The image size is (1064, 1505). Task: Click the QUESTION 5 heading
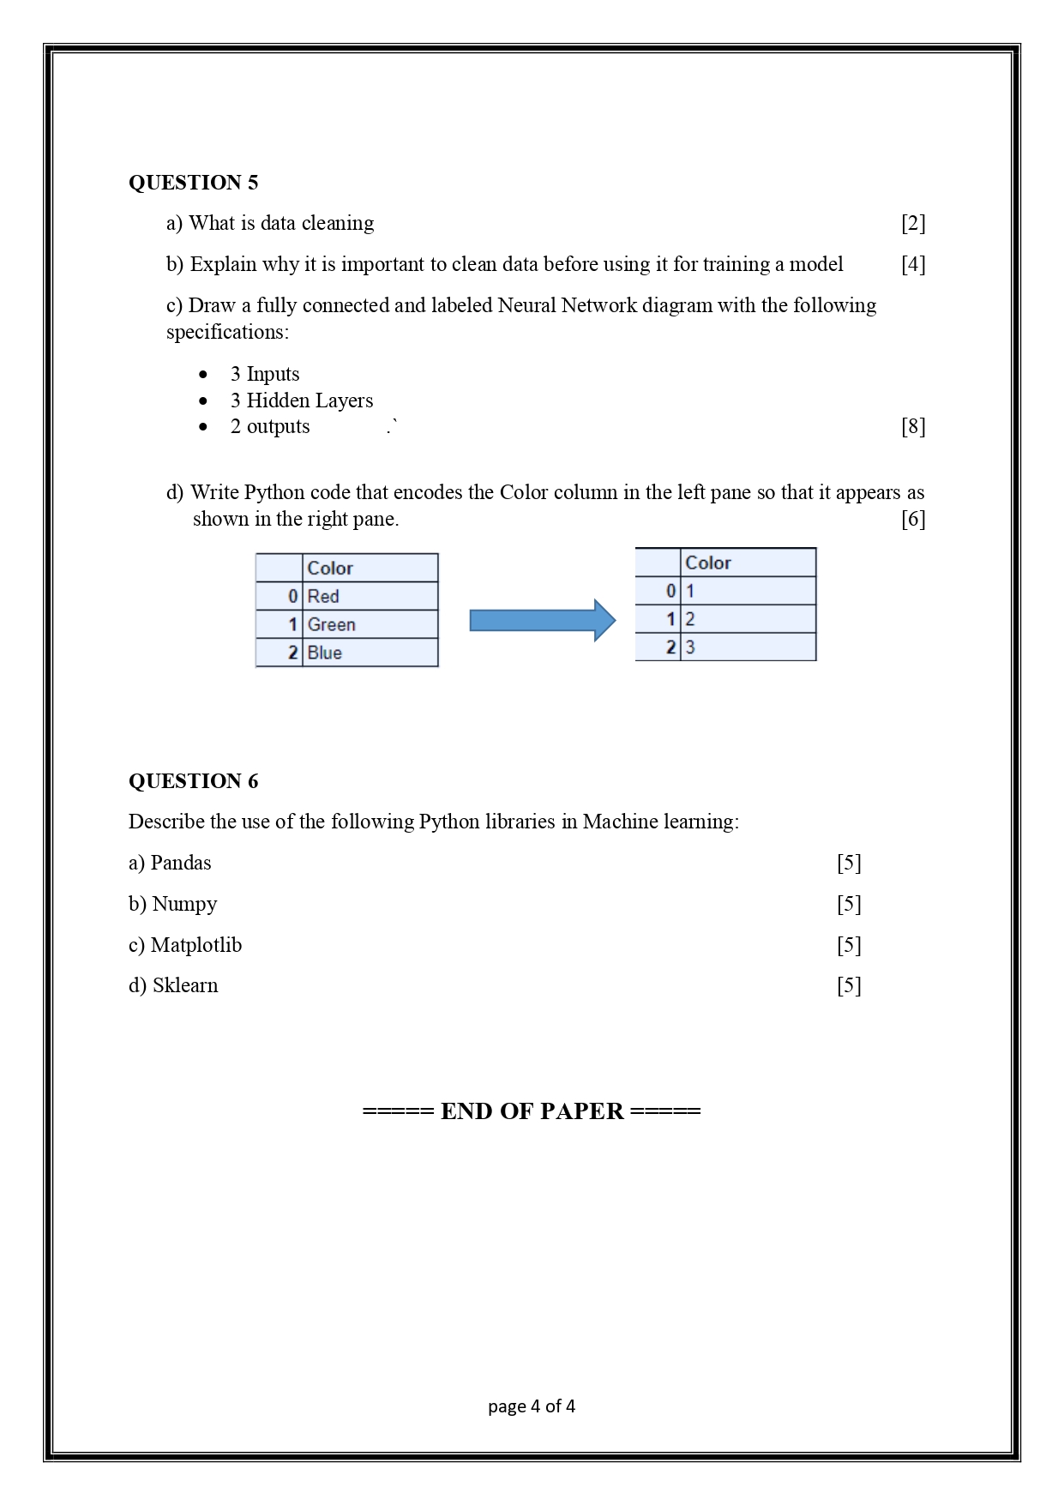click(193, 183)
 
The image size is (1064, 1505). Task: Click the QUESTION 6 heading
click(193, 781)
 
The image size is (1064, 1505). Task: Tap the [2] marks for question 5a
click(913, 224)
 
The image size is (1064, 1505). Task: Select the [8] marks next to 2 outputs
click(913, 427)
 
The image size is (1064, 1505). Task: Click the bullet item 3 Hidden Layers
click(301, 400)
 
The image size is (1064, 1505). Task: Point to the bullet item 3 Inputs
click(265, 374)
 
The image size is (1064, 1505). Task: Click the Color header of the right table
click(708, 563)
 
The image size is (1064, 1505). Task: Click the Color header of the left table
click(330, 569)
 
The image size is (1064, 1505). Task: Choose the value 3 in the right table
click(690, 647)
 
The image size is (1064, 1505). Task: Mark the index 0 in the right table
click(670, 591)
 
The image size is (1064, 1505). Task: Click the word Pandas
click(180, 863)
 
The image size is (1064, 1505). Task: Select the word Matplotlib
click(196, 945)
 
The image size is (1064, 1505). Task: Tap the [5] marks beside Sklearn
click(849, 986)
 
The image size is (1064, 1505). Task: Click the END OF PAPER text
click(532, 1111)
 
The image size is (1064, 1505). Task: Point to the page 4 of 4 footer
click(532, 1406)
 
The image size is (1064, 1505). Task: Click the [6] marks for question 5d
click(913, 520)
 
